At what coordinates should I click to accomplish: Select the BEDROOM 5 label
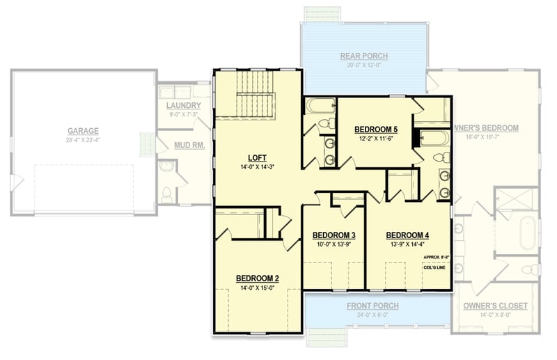click(x=376, y=130)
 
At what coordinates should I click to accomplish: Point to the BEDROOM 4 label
click(x=407, y=235)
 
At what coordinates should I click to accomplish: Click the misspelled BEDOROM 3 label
click(x=334, y=235)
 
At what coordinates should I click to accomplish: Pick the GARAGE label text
click(x=83, y=130)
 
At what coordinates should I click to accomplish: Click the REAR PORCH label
click(x=363, y=56)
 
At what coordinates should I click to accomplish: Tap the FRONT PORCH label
click(x=372, y=306)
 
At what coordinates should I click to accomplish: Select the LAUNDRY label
click(x=184, y=105)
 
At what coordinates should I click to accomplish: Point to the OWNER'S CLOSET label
click(x=495, y=306)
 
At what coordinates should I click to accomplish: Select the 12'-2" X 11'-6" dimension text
click(x=376, y=139)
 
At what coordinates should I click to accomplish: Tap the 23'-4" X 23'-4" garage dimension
click(x=83, y=140)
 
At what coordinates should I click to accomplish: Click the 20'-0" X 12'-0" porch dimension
click(x=363, y=66)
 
